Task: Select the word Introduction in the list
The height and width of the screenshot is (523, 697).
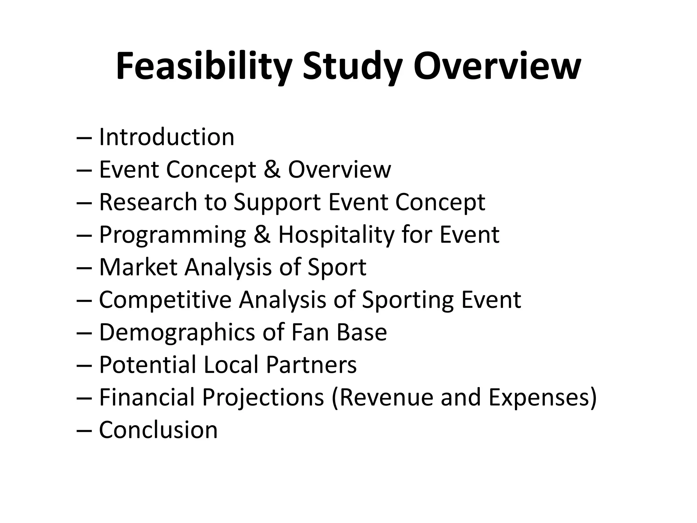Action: click(166, 137)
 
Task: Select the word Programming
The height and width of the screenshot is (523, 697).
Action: click(172, 235)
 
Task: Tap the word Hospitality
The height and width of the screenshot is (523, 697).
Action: click(336, 235)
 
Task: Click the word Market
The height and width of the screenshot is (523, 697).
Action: click(137, 267)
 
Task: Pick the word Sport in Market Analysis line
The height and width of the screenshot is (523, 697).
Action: click(337, 267)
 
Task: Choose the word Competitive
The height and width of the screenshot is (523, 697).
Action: click(165, 300)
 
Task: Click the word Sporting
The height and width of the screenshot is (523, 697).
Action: click(407, 300)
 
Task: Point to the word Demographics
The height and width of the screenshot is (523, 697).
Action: click(177, 332)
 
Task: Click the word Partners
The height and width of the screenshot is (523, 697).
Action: click(311, 365)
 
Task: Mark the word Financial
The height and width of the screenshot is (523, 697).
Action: click(147, 397)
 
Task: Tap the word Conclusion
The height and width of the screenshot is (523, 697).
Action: click(158, 430)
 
